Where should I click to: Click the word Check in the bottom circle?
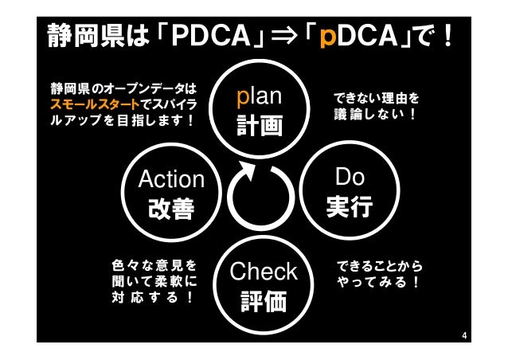click(x=263, y=272)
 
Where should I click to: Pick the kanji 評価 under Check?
click(x=263, y=303)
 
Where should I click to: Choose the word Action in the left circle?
click(x=171, y=179)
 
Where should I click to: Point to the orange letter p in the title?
click(x=326, y=37)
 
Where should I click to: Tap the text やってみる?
click(x=377, y=282)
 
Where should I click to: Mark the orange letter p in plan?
click(x=244, y=99)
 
